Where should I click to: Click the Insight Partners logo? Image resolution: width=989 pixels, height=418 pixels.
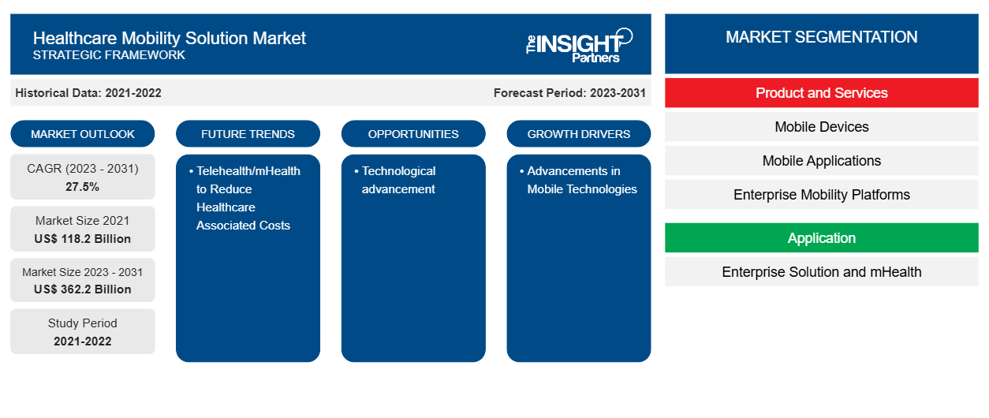coord(579,45)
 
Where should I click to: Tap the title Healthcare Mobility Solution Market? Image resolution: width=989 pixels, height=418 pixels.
coord(169,38)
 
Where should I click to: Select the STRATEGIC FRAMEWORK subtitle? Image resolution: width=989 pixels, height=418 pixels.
coord(109,55)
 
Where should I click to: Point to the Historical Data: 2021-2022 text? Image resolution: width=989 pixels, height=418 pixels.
coord(88,93)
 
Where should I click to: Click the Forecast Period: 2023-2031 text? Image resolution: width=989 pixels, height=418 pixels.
coord(569,93)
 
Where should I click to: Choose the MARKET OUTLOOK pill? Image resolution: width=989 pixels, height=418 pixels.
coord(83,134)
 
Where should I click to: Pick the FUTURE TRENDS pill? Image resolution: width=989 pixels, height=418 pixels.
coord(248,134)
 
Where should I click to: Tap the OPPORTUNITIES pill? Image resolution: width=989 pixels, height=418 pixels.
coord(413,134)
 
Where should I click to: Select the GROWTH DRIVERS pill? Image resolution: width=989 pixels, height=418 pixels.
coord(578,134)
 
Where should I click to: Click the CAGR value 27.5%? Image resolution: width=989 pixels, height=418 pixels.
coord(83,187)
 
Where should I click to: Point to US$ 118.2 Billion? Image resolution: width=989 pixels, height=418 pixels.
coord(83,239)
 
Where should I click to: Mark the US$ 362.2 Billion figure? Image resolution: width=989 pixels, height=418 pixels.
coord(83,289)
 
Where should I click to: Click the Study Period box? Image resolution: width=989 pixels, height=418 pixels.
coord(83,331)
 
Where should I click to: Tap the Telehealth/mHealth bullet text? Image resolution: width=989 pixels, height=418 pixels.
coord(244,198)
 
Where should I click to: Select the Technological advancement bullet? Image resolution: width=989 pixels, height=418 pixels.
coord(395,180)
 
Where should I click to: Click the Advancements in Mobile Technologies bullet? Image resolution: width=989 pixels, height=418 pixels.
coord(578,180)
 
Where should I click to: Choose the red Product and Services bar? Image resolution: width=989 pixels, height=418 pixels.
coord(822,93)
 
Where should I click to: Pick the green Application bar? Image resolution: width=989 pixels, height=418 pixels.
coord(822,238)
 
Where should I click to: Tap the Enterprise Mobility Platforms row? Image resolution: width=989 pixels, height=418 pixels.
coord(822,195)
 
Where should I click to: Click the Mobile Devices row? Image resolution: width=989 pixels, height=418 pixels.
coord(822,127)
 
